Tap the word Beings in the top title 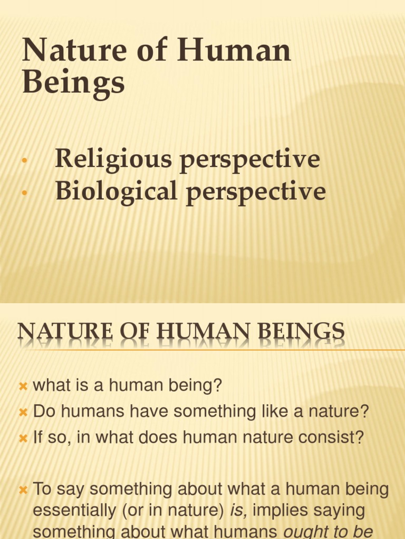point(73,83)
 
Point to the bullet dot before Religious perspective point(24,161)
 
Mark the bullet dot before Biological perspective point(24,193)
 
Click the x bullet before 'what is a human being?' point(23,386)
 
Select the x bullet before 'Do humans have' point(23,412)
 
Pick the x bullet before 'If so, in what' point(23,438)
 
